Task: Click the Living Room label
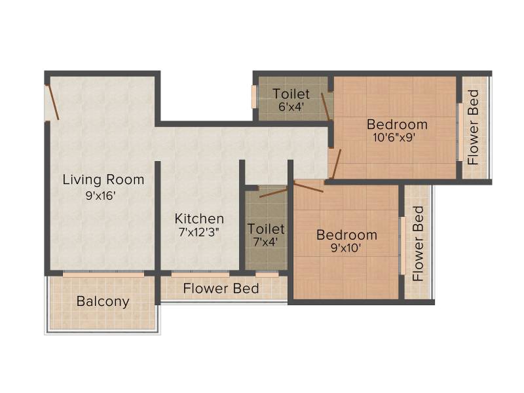tap(103, 179)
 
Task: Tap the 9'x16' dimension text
tap(100, 195)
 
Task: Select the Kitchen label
tap(199, 219)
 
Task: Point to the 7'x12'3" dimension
tap(199, 232)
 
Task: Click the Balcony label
tap(103, 301)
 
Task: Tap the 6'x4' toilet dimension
tap(291, 107)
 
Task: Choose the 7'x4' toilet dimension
tap(265, 242)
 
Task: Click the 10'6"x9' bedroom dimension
tap(394, 137)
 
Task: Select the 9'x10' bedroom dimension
tap(346, 248)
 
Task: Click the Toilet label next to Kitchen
tap(266, 229)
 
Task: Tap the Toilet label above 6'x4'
tap(291, 94)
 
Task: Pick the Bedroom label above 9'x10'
tap(347, 235)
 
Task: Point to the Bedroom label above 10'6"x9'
tap(397, 124)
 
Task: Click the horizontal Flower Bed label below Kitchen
tap(221, 288)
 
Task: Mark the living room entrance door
tap(52, 102)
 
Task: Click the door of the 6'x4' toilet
tap(326, 106)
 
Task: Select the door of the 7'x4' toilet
tap(273, 193)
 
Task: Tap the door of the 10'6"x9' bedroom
tap(337, 164)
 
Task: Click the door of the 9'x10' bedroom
tap(309, 186)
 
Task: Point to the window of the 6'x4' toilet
tap(254, 97)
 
